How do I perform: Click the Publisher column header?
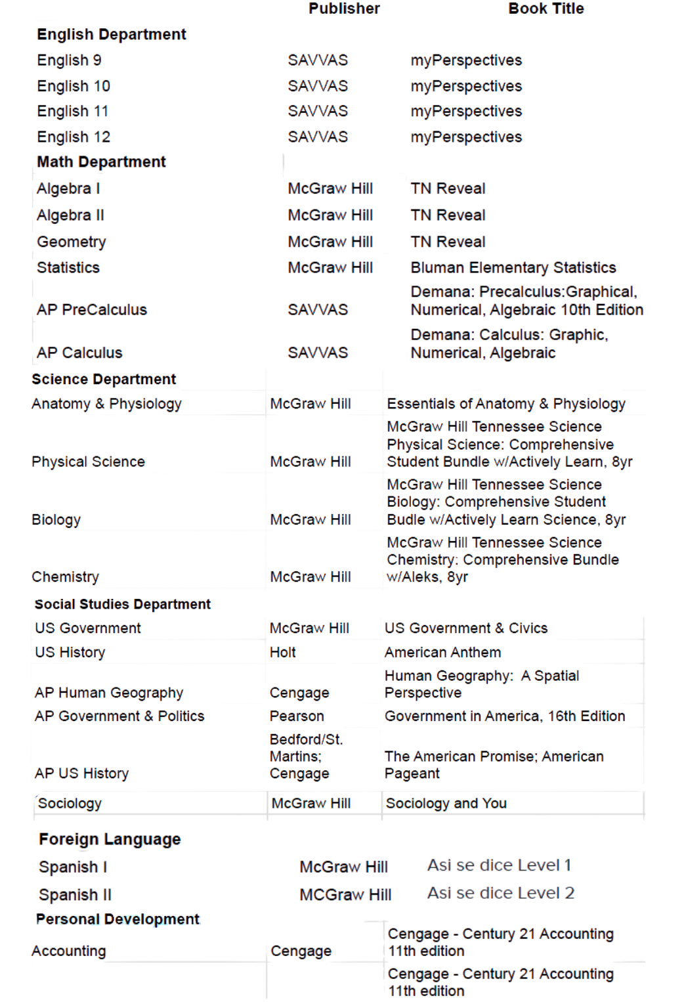(344, 9)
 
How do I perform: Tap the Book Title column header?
(546, 9)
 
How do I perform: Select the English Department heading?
(111, 34)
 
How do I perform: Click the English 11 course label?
(72, 111)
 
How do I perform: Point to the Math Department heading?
(101, 162)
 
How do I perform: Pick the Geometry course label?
(71, 242)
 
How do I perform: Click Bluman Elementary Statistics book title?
(513, 267)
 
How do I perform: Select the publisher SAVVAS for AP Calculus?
(318, 353)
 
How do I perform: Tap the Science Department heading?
(104, 379)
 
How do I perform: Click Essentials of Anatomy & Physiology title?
(505, 404)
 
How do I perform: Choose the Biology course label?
(56, 519)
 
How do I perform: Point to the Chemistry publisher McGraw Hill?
(310, 577)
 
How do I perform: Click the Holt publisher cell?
(282, 652)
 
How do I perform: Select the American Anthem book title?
(442, 652)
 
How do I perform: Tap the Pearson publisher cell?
(297, 716)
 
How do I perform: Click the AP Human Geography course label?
(109, 693)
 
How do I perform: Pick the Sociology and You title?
(446, 803)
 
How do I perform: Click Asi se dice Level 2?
(500, 893)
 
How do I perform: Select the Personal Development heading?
(118, 919)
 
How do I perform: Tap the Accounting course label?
(68, 951)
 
